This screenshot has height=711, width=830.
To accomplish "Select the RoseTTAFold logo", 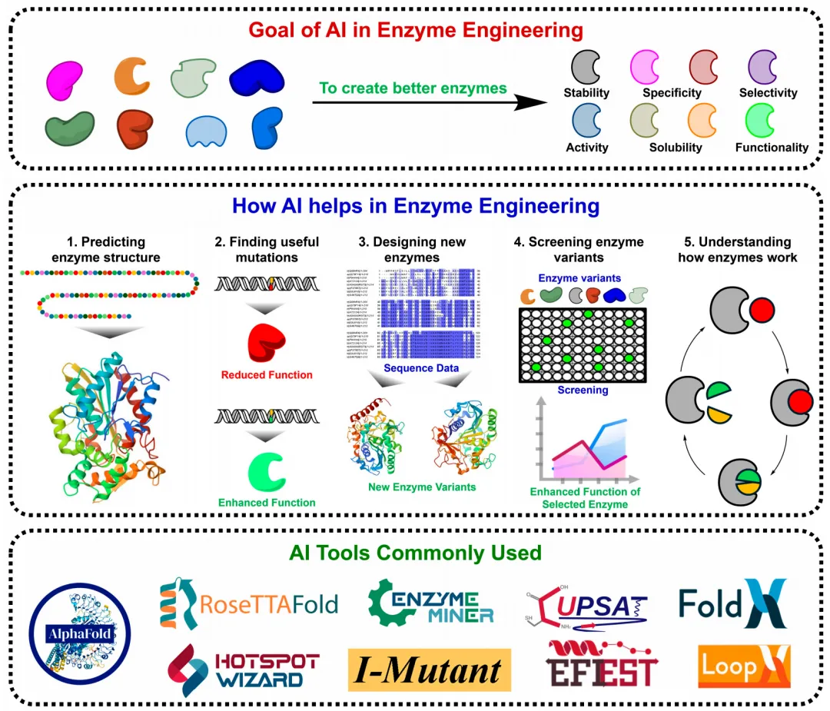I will tap(248, 603).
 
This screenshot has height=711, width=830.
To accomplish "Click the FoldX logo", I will tap(732, 603).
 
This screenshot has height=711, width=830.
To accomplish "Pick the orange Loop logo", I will tap(744, 666).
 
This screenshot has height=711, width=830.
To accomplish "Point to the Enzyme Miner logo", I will tap(430, 603).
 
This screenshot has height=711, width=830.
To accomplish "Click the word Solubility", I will tap(676, 148).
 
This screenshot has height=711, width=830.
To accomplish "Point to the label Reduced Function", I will tap(267, 375).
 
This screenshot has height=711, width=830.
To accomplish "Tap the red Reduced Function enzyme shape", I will tap(266, 344).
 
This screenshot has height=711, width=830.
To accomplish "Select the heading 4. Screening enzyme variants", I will tap(578, 249).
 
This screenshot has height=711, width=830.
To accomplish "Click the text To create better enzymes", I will tap(413, 88).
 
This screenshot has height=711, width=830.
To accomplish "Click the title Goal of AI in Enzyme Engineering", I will tap(414, 32).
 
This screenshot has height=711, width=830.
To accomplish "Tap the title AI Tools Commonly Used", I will tap(415, 553).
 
